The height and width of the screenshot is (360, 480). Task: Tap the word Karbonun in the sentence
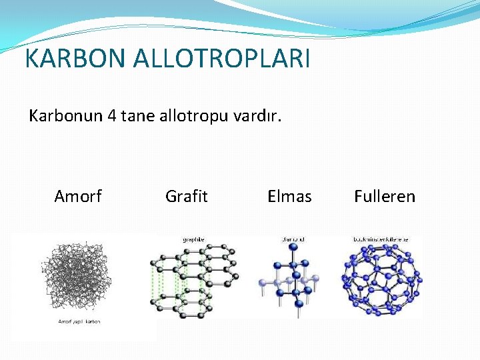[65, 116]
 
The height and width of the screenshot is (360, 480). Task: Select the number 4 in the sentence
[111, 116]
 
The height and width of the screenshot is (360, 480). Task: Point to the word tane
[137, 116]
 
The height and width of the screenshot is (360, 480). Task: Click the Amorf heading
[78, 196]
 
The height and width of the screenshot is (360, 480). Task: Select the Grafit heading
[186, 196]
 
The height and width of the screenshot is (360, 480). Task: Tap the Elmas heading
[289, 196]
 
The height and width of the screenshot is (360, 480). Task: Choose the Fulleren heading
[385, 196]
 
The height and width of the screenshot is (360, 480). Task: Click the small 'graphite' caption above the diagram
[193, 239]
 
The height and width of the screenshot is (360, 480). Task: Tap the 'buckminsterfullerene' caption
[381, 239]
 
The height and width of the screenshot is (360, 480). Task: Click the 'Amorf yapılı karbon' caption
[78, 322]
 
